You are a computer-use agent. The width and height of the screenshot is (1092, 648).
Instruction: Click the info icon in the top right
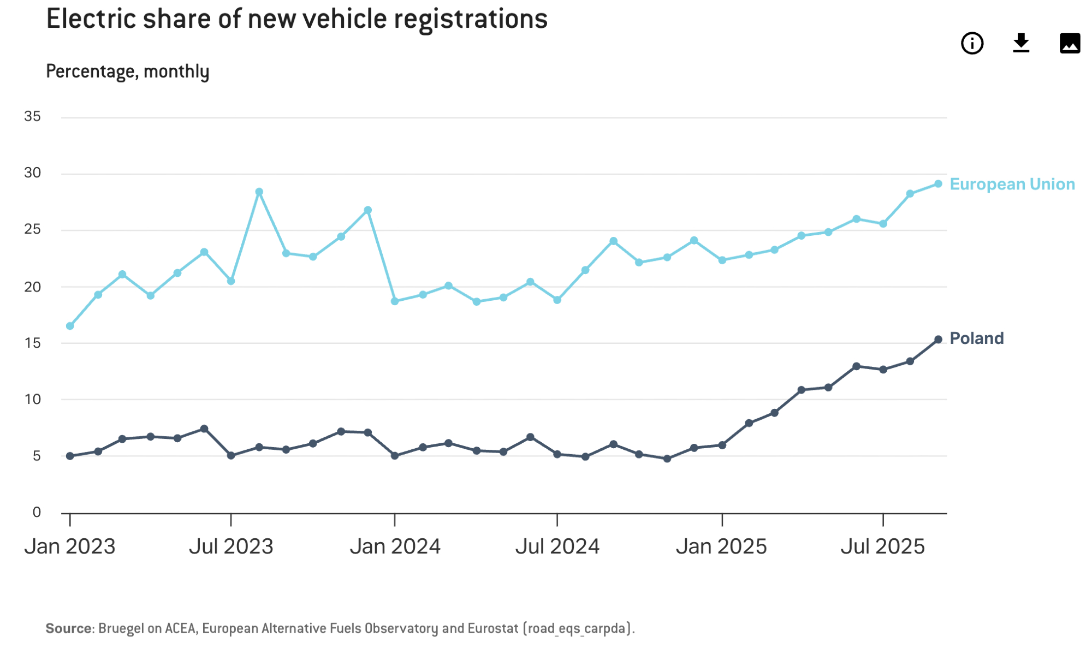(972, 43)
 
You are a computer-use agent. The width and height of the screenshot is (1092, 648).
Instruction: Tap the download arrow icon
(1020, 43)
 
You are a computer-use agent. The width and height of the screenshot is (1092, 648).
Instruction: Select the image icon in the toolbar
(1070, 43)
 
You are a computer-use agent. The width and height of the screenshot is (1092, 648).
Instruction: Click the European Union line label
(1012, 184)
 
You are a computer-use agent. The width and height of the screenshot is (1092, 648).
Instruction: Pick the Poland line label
(976, 338)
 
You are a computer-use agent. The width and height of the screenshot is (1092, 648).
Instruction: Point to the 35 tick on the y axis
(32, 116)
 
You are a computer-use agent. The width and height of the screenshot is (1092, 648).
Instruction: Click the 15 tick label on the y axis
(32, 343)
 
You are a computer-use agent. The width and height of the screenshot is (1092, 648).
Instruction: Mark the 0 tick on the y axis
(37, 512)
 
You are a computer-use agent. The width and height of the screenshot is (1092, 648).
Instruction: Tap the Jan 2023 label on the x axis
(70, 546)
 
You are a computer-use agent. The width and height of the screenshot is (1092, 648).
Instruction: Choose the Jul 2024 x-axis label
(557, 546)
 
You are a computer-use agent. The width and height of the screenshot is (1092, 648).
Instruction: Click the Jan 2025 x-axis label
(721, 546)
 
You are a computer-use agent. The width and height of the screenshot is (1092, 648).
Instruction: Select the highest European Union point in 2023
(259, 192)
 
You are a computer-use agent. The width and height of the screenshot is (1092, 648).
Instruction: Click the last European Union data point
(938, 184)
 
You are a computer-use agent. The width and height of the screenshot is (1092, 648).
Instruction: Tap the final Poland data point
(938, 340)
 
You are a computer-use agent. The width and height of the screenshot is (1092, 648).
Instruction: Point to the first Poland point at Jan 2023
(70, 456)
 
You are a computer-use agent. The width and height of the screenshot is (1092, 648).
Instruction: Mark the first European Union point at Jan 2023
(70, 326)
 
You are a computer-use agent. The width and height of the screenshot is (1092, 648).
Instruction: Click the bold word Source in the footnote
(68, 628)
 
